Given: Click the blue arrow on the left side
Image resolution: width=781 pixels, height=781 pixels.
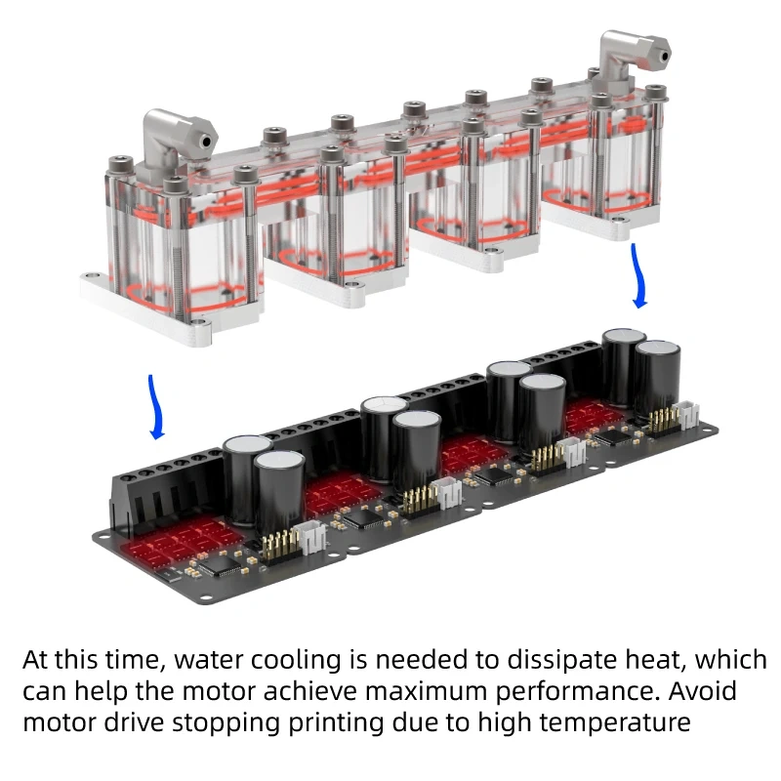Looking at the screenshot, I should coord(154,406).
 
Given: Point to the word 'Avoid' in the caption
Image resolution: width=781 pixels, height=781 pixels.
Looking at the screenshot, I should coord(697,692).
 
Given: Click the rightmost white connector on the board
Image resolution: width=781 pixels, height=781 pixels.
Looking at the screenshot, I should coord(690,417).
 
